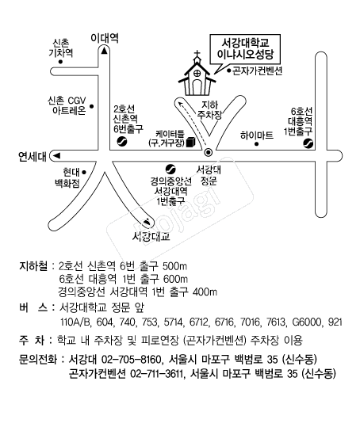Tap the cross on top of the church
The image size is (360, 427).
tap(197, 54)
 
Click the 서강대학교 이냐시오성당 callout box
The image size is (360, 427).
tap(245, 49)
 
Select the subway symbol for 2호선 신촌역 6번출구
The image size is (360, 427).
tap(122, 142)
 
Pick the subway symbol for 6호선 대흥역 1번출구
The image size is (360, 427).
tap(308, 143)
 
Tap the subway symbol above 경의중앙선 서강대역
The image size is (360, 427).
tap(170, 170)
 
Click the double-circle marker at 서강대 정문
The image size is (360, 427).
tap(209, 152)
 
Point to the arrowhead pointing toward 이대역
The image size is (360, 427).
tap(104, 51)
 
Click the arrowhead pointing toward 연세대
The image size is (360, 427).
tap(56, 156)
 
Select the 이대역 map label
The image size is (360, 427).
tap(105, 37)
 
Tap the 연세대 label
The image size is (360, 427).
tap(33, 157)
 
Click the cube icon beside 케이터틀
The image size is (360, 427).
tap(191, 142)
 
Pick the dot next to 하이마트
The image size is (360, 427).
tap(256, 144)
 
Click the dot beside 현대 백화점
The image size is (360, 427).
tap(84, 173)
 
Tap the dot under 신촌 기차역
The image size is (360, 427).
tap(60, 62)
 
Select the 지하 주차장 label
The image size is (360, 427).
tap(209, 110)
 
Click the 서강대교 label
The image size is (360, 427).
tap(151, 236)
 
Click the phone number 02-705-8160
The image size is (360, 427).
tap(132, 360)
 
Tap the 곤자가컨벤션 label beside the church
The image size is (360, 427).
tap(257, 71)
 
